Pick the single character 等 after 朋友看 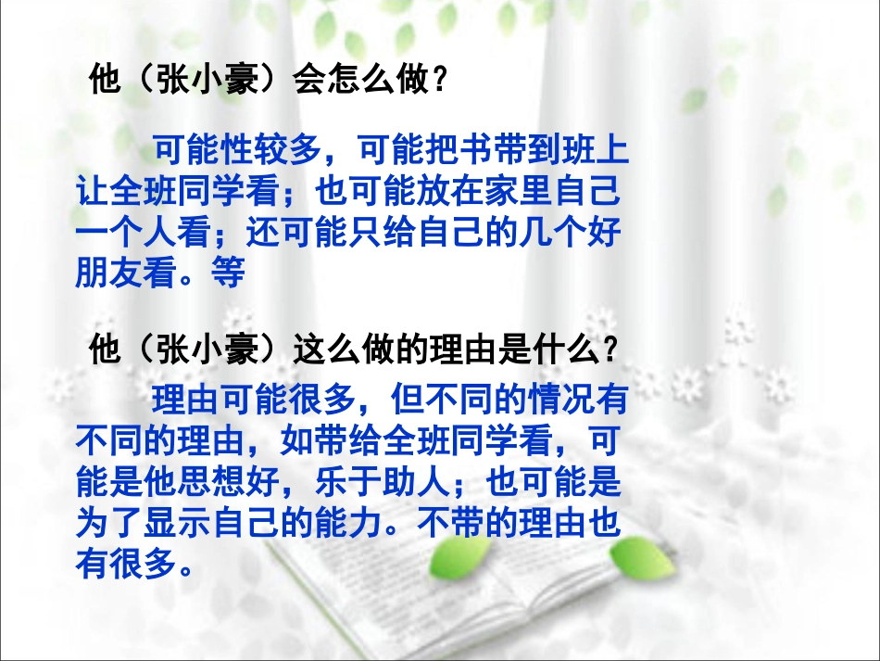coord(225,275)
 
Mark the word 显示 coord(175,525)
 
